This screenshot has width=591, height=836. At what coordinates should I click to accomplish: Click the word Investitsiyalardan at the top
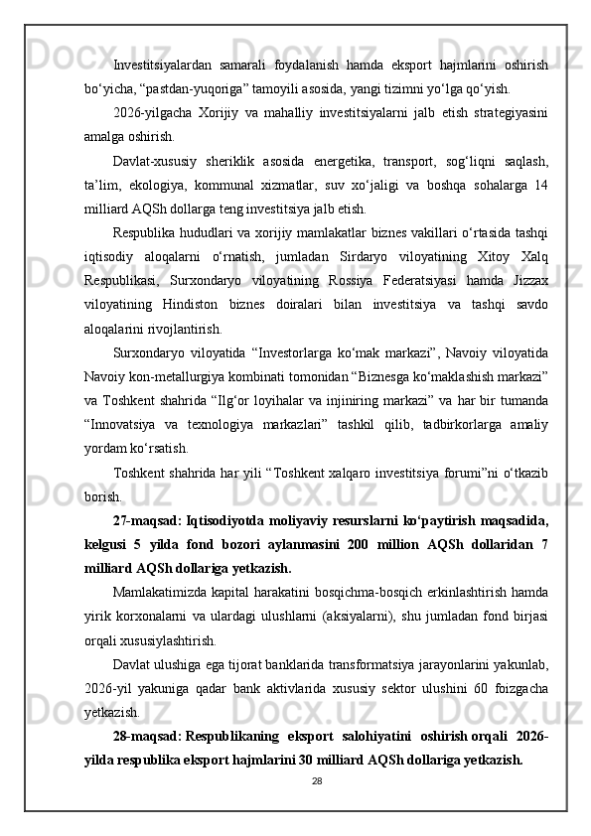pos(154,65)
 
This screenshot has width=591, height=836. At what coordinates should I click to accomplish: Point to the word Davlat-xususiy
pos(151,162)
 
